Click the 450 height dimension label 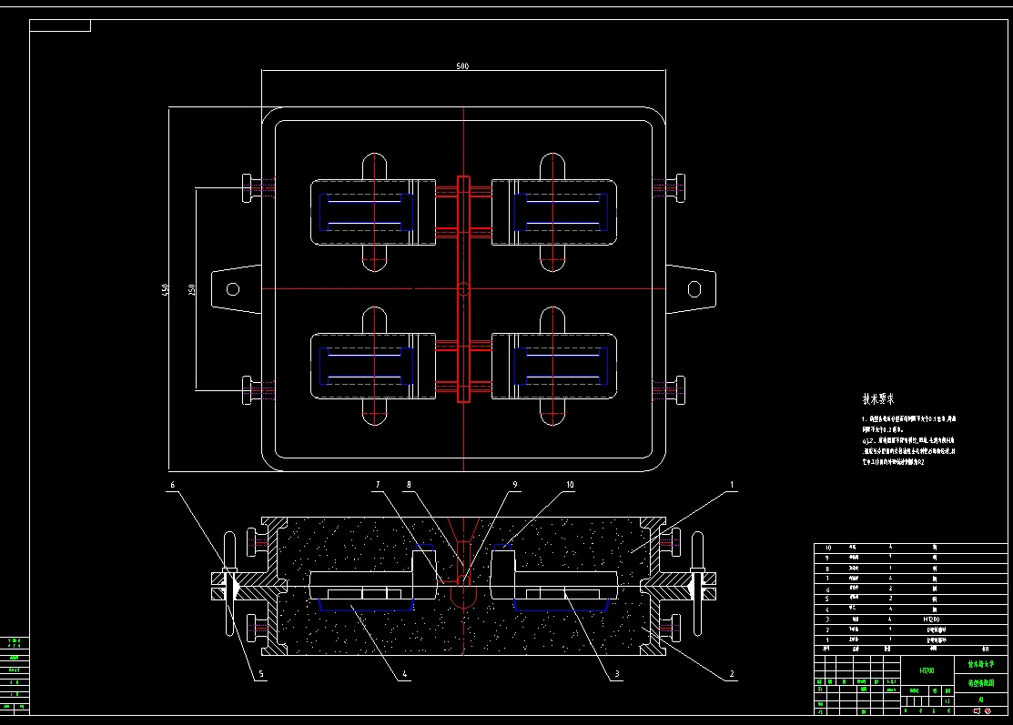(165, 288)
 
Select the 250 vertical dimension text (192, 288)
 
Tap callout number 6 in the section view (173, 486)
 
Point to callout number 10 (570, 486)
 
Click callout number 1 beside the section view (731, 486)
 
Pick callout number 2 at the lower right (731, 675)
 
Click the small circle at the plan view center (463, 289)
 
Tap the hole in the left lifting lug (233, 289)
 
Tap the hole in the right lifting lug (694, 289)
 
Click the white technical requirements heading (878, 398)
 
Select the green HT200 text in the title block (927, 670)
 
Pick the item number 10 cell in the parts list (827, 549)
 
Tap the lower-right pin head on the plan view (677, 391)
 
